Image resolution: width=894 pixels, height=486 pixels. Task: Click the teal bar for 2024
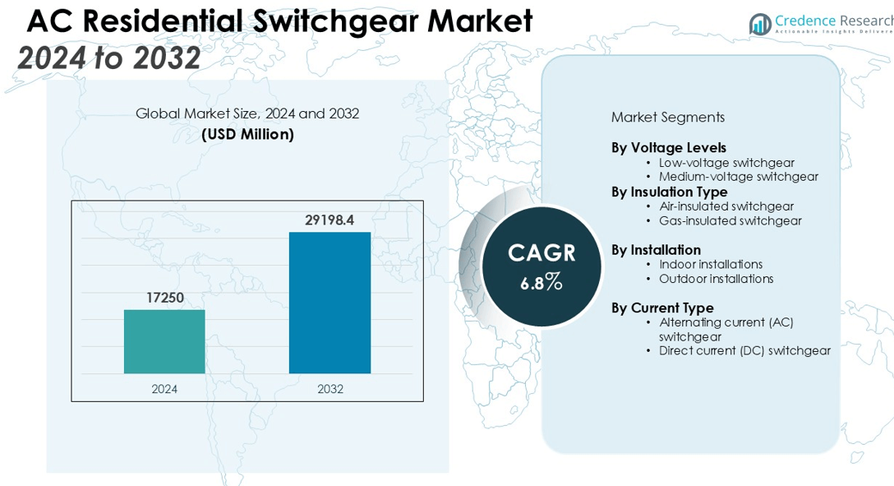coord(164,341)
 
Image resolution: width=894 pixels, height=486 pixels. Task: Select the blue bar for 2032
coord(329,303)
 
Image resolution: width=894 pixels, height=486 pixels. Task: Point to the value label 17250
coord(165,298)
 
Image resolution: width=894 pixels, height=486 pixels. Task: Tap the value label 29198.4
coord(329,220)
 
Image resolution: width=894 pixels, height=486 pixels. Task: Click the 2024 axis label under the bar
coord(164,389)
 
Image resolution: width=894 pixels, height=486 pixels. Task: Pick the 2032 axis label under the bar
coord(330,389)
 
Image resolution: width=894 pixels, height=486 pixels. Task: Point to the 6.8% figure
coord(541,283)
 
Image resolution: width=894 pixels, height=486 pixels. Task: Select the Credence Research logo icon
coord(760,25)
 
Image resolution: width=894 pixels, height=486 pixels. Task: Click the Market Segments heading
coord(667,118)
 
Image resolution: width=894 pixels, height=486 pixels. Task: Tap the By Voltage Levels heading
coord(669,148)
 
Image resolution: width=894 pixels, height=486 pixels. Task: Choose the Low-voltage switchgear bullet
coord(726,163)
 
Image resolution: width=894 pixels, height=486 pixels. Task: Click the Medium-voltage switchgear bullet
coord(738,177)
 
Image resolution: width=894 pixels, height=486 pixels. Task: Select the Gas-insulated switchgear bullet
coord(730,220)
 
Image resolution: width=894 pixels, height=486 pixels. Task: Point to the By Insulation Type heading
coord(670,192)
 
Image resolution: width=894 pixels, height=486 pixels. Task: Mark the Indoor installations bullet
coord(710,264)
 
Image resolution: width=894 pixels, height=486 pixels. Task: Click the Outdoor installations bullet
coord(716,279)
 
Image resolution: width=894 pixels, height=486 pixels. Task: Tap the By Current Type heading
coord(662,308)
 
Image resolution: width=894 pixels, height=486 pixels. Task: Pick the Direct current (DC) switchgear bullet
coord(744,350)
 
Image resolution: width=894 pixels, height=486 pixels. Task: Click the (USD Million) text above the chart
coord(247,134)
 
